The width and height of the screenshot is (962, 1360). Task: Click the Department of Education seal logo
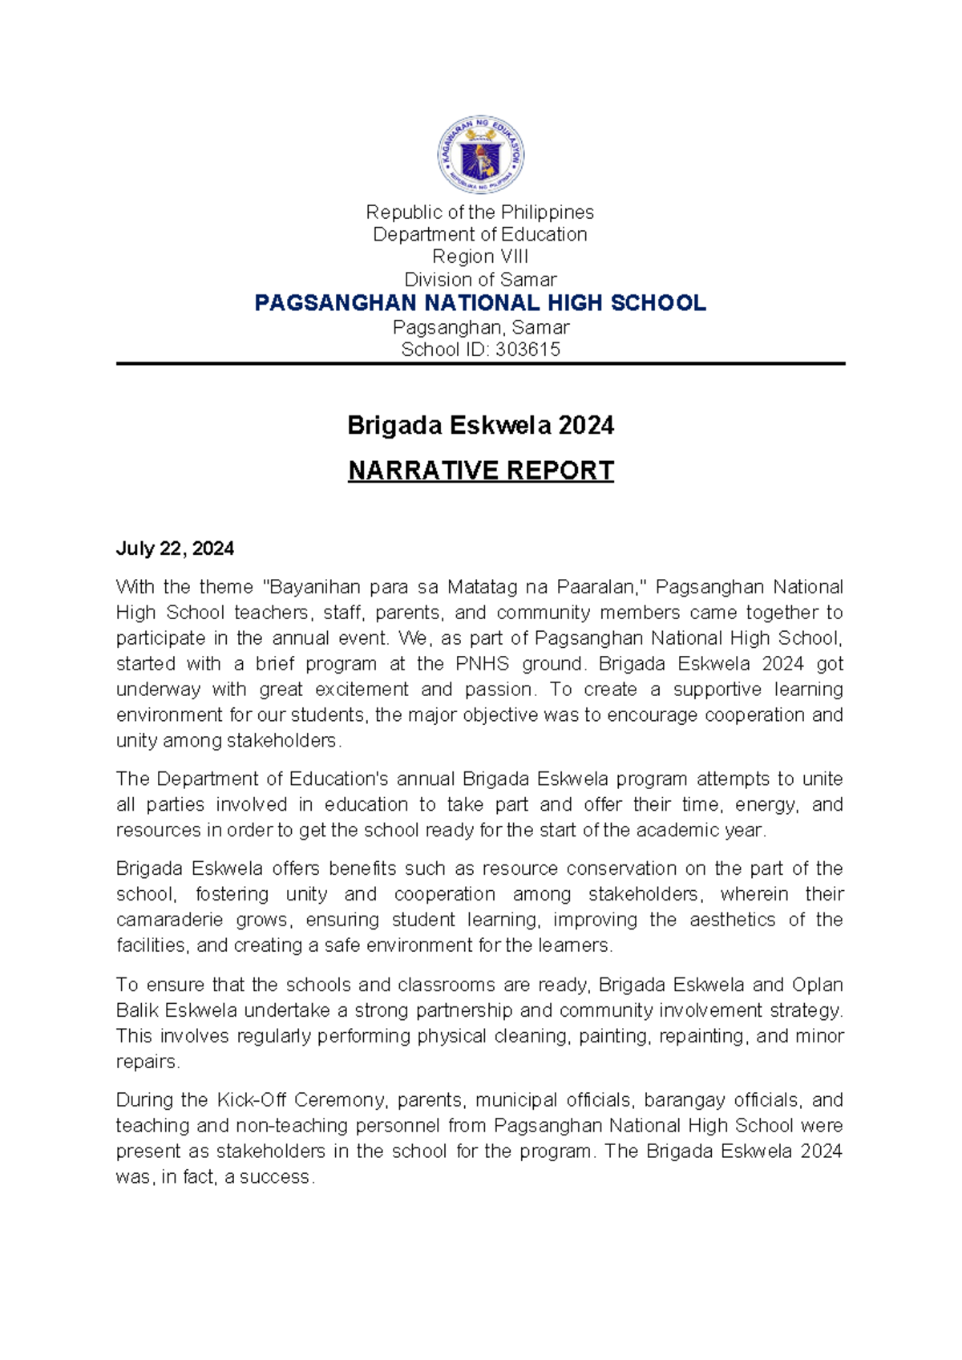tap(480, 154)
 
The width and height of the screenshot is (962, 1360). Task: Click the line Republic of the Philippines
tap(479, 212)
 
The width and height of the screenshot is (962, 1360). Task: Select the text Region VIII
tap(479, 257)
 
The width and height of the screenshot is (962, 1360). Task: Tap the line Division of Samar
tap(479, 280)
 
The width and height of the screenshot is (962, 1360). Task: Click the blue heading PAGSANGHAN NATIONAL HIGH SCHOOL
tap(479, 303)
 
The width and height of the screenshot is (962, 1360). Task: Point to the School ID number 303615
tap(527, 350)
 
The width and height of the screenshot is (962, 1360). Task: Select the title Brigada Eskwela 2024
tap(479, 425)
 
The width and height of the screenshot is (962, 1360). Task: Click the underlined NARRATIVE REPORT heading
tap(479, 471)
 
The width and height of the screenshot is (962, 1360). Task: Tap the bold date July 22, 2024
tap(175, 548)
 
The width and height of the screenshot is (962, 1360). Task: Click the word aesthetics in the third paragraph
tap(732, 920)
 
